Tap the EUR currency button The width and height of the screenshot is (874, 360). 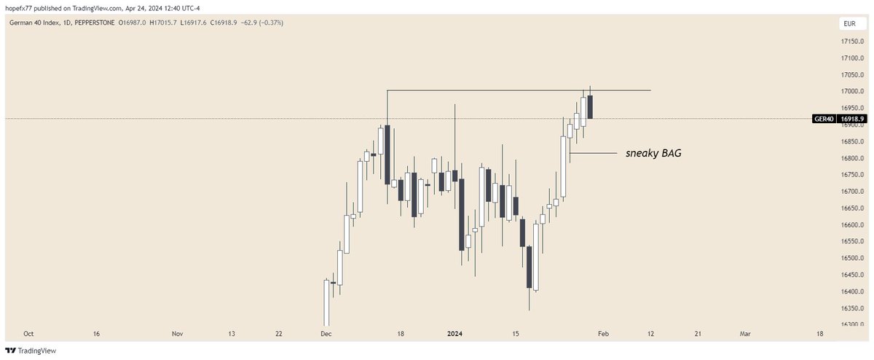[849, 24]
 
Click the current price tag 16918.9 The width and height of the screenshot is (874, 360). [851, 118]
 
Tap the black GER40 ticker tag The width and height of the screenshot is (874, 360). [823, 118]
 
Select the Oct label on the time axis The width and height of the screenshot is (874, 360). [28, 334]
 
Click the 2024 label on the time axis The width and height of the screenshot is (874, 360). [454, 334]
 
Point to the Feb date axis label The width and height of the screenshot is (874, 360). [603, 334]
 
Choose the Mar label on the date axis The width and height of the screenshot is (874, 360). [744, 334]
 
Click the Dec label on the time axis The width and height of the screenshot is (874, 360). [326, 334]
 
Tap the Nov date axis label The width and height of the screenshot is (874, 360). [177, 334]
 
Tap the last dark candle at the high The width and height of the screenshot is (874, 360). [590, 106]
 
